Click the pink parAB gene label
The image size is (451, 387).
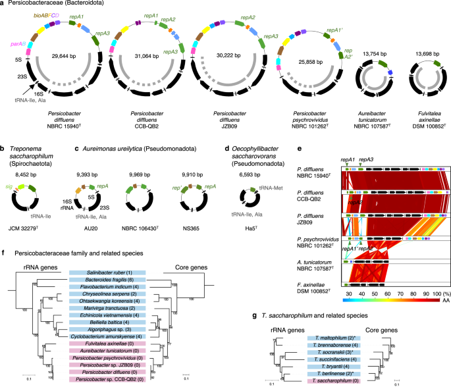pos(19,45)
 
